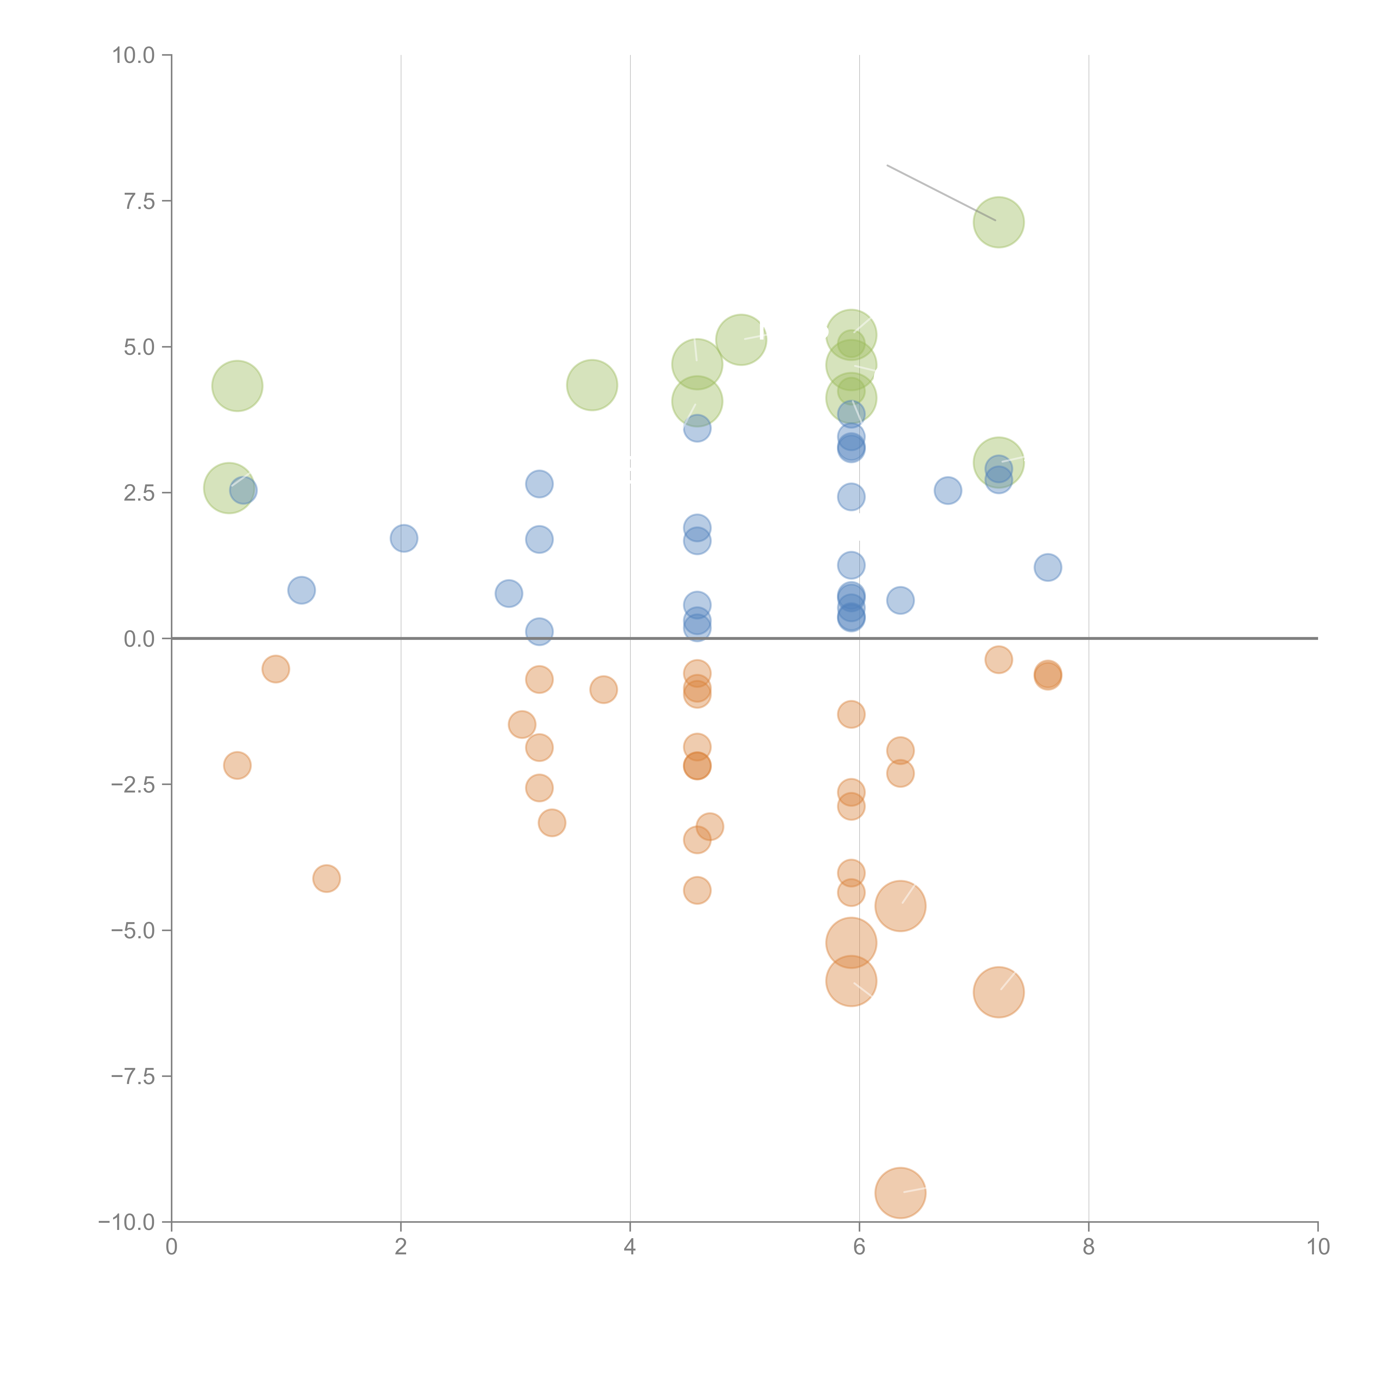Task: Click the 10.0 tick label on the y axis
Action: point(134,55)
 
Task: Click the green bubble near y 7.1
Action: point(998,222)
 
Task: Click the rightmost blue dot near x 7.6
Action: point(1048,567)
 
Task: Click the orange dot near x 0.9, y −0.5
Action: point(276,669)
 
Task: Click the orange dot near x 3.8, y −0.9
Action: point(603,689)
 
